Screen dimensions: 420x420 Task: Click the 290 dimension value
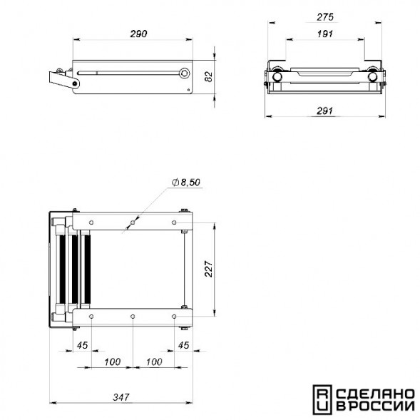pyautogui.click(x=138, y=34)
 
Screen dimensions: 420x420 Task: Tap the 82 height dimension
pyautogui.click(x=209, y=76)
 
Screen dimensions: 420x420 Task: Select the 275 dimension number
pyautogui.click(x=325, y=17)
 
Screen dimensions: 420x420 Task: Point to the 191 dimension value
pyautogui.click(x=325, y=34)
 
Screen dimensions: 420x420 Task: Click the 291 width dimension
pyautogui.click(x=324, y=111)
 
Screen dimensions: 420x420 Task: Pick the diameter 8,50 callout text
pyautogui.click(x=186, y=183)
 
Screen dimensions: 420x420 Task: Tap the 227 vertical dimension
pyautogui.click(x=209, y=269)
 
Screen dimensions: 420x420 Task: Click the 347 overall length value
pyautogui.click(x=121, y=397)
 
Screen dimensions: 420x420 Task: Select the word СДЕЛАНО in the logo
pyautogui.click(x=375, y=394)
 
